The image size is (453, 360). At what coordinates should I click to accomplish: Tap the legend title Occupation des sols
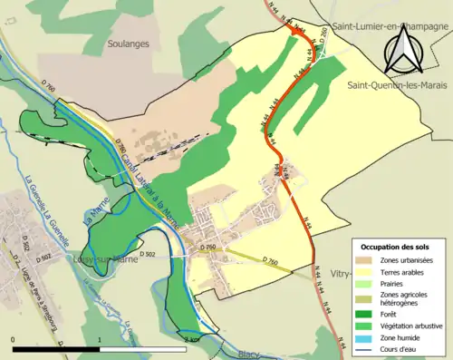pyautogui.click(x=395, y=248)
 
